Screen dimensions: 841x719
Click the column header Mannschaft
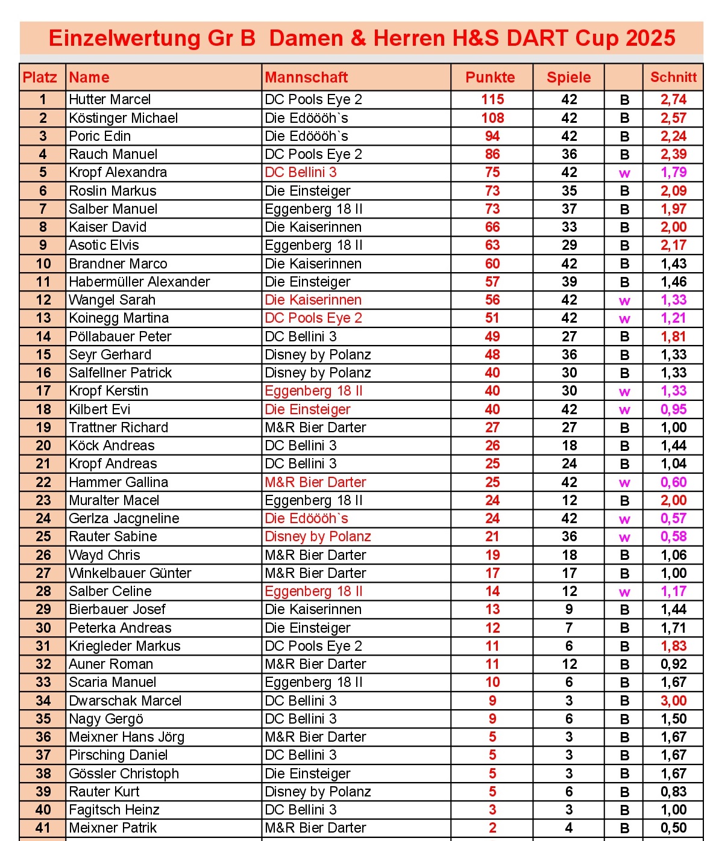tap(306, 77)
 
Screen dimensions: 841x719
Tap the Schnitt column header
tap(673, 77)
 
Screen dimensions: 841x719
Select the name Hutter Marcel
tap(110, 99)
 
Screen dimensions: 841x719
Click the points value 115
tap(492, 99)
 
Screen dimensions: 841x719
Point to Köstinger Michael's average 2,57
tap(673, 118)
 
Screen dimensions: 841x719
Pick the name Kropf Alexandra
tap(118, 172)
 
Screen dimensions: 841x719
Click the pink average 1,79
tap(673, 172)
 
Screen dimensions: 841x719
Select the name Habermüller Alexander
tap(139, 282)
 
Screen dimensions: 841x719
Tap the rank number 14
tap(43, 337)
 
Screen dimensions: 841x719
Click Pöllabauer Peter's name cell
tap(120, 337)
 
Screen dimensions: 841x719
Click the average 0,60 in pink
tap(673, 482)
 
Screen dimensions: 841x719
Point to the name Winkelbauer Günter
tap(130, 573)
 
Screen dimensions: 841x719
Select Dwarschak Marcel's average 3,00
tap(673, 701)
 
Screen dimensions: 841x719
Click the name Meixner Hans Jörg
tap(127, 737)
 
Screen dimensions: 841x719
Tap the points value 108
tap(492, 118)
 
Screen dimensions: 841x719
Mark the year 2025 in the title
tap(650, 38)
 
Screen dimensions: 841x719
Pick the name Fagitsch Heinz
tap(114, 810)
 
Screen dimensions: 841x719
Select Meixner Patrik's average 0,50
tap(673, 828)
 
